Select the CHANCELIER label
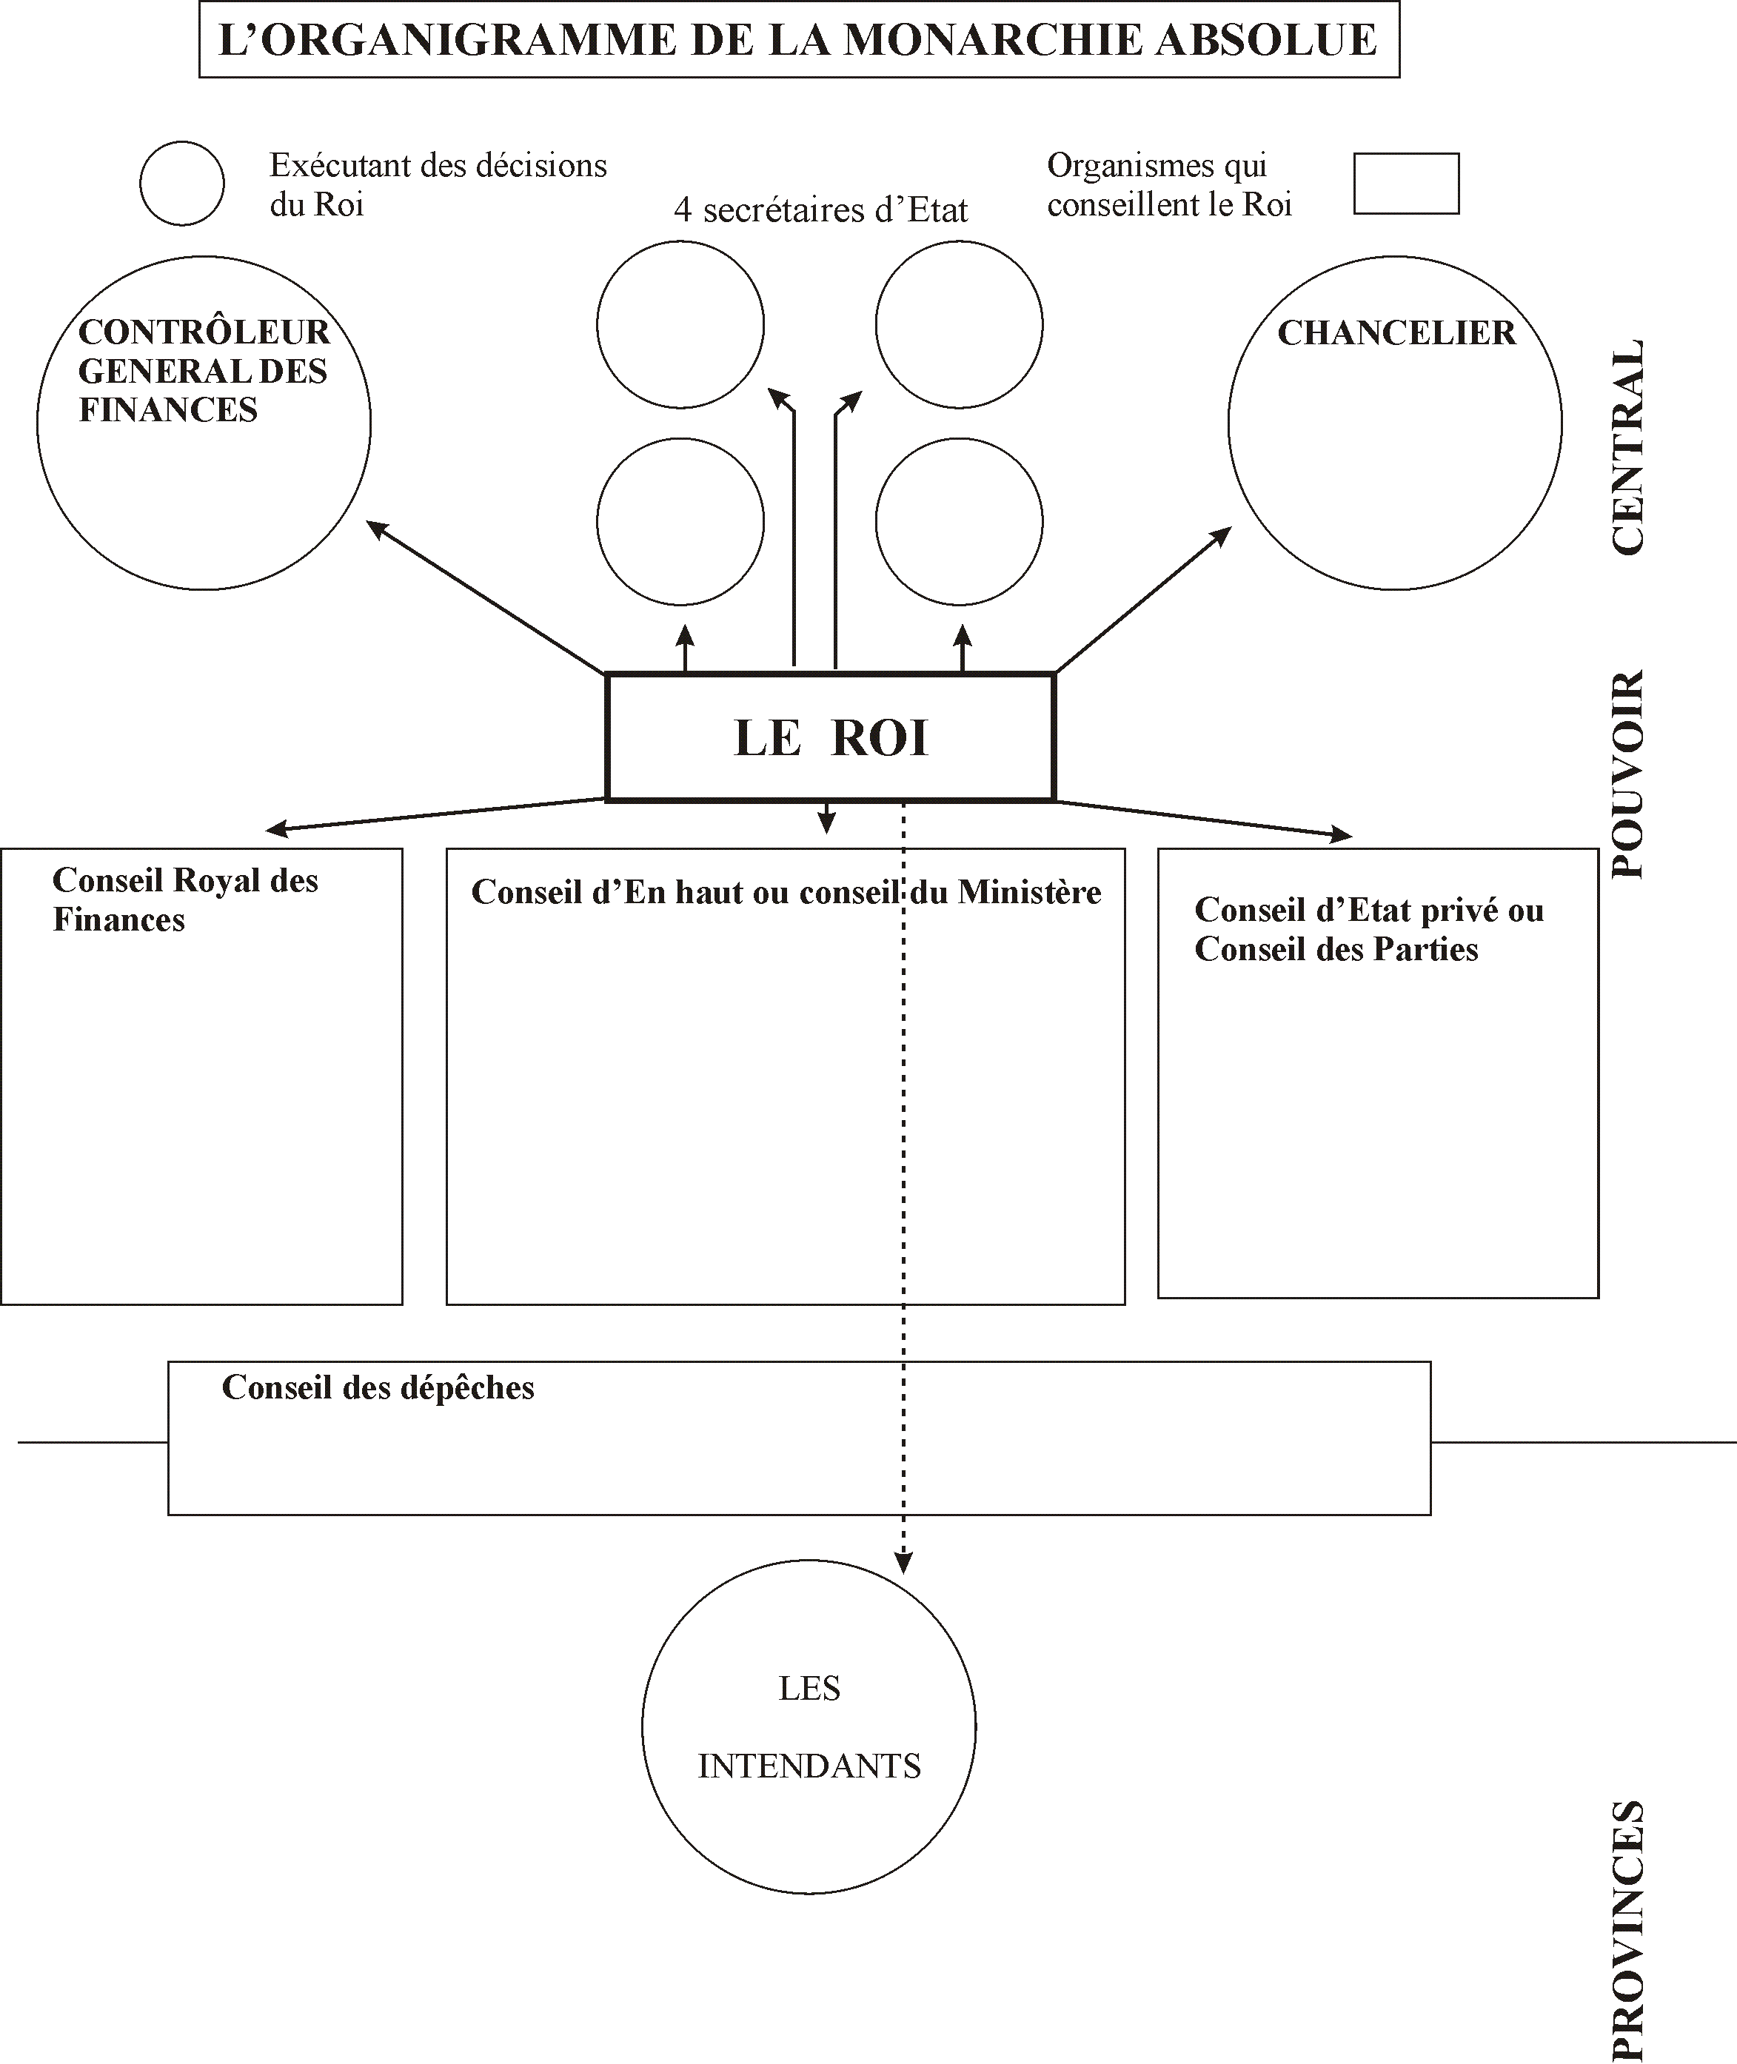1396,333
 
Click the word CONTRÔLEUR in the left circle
204,332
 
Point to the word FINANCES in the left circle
167,409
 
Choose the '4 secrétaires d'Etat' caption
820,210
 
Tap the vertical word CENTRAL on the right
1627,447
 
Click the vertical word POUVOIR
1627,774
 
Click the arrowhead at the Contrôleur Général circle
375,528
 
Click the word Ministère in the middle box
1029,892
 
